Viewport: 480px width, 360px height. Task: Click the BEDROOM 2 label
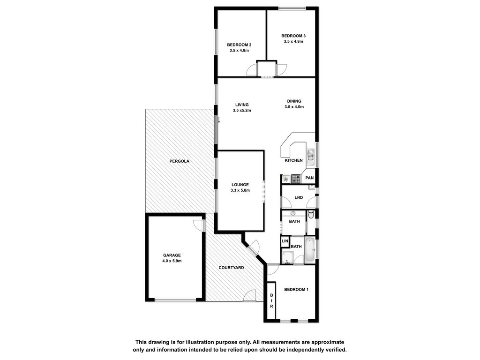click(x=239, y=45)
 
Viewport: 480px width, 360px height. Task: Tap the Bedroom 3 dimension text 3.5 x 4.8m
click(x=293, y=41)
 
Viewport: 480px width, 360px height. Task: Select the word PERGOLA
click(x=180, y=161)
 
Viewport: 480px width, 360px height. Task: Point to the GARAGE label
click(x=172, y=255)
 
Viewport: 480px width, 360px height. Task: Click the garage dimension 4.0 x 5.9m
click(x=172, y=261)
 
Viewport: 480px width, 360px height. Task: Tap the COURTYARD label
click(x=231, y=268)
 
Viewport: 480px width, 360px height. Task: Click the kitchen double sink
click(x=311, y=155)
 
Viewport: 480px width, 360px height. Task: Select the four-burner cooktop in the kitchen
click(x=296, y=179)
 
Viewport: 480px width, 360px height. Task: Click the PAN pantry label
click(x=309, y=178)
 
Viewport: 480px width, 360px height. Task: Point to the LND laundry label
click(x=299, y=197)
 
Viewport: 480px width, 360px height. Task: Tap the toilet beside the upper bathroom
click(x=311, y=215)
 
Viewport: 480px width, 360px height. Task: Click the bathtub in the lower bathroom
click(x=310, y=249)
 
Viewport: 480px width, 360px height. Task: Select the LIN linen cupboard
click(x=285, y=241)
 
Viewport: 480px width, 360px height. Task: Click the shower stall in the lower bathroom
click(x=287, y=257)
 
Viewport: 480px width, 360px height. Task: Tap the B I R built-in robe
click(x=271, y=300)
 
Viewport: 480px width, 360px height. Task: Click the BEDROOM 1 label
click(x=296, y=290)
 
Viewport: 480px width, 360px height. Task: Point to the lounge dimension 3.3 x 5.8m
click(x=240, y=190)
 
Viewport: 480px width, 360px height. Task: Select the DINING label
click(x=294, y=101)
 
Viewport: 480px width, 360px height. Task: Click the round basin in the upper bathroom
click(x=293, y=213)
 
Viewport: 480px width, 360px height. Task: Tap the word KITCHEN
click(x=293, y=160)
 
